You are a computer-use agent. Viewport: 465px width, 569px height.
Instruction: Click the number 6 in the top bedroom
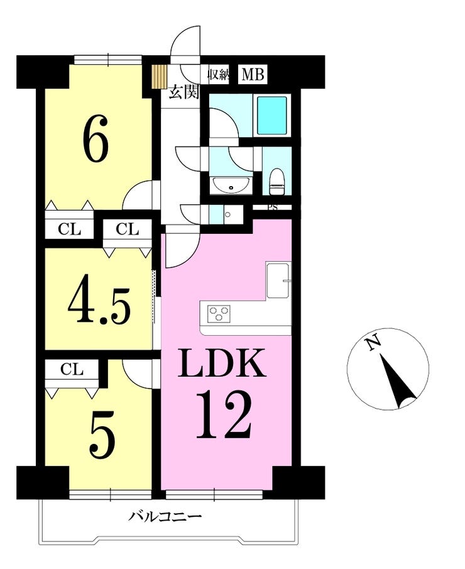click(x=96, y=138)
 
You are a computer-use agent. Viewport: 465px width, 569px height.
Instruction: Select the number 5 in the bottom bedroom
click(x=103, y=436)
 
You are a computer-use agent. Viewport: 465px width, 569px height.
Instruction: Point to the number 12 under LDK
click(x=224, y=415)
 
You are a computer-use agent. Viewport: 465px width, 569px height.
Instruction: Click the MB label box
click(x=253, y=74)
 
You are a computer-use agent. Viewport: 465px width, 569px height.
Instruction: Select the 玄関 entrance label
click(x=184, y=93)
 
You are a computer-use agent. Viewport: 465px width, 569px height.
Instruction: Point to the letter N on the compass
click(x=373, y=343)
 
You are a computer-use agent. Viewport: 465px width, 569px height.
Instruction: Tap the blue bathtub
click(x=271, y=116)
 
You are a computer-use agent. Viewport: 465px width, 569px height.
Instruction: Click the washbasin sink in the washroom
click(x=231, y=185)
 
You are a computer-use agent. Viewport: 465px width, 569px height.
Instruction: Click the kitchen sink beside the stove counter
click(x=278, y=280)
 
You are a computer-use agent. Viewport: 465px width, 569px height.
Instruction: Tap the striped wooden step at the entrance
click(x=159, y=76)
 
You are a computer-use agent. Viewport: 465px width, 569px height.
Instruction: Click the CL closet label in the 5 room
click(x=72, y=369)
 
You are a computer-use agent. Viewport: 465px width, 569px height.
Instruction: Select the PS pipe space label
click(x=272, y=207)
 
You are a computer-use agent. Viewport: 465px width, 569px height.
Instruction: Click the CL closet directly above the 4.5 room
click(x=128, y=229)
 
